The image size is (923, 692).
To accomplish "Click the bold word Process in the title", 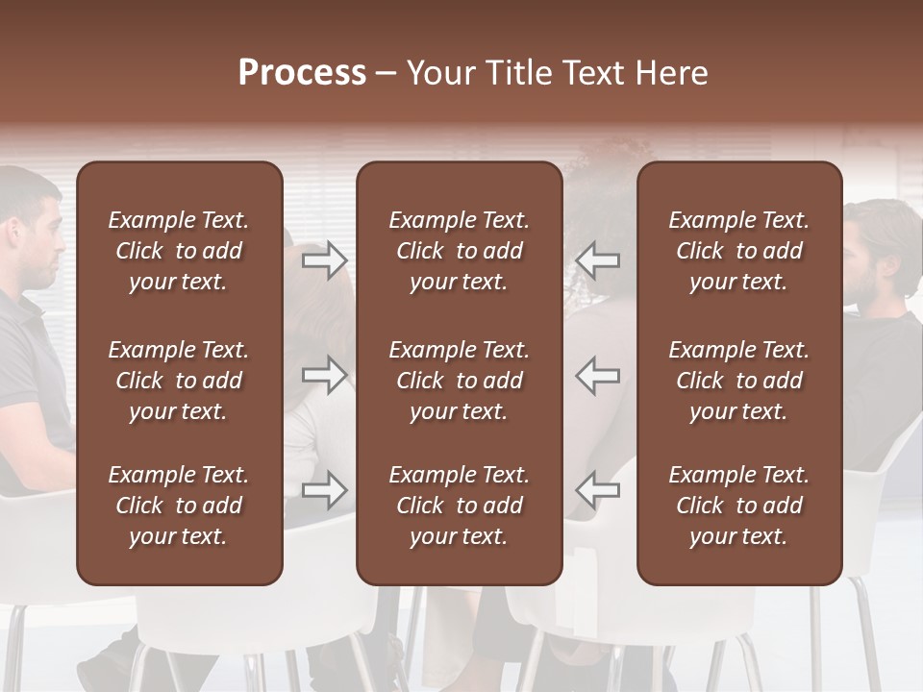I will pyautogui.click(x=302, y=72).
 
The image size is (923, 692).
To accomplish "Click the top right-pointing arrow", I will pyautogui.click(x=325, y=260).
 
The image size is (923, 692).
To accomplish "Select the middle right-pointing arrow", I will pyautogui.click(x=325, y=375).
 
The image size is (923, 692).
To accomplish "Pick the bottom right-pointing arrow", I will pyautogui.click(x=325, y=490).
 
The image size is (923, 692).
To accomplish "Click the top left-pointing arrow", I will pyautogui.click(x=598, y=260).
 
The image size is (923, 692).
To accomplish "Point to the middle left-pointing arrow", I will pyautogui.click(x=598, y=375).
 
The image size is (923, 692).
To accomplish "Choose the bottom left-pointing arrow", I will pyautogui.click(x=598, y=490).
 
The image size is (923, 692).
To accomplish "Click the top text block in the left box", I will pyautogui.click(x=179, y=251).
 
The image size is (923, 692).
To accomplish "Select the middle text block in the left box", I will pyautogui.click(x=179, y=381).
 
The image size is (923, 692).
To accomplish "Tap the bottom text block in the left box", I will pyautogui.click(x=179, y=506).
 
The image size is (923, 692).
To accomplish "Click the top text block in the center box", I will pyautogui.click(x=460, y=251).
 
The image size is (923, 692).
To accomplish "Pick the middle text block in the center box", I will pyautogui.click(x=460, y=381).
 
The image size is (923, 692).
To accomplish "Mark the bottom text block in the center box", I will pyautogui.click(x=460, y=506).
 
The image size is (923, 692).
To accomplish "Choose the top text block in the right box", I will pyautogui.click(x=739, y=251).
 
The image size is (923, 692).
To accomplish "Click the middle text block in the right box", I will pyautogui.click(x=739, y=381).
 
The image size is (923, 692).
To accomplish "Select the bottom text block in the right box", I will pyautogui.click(x=739, y=506).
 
